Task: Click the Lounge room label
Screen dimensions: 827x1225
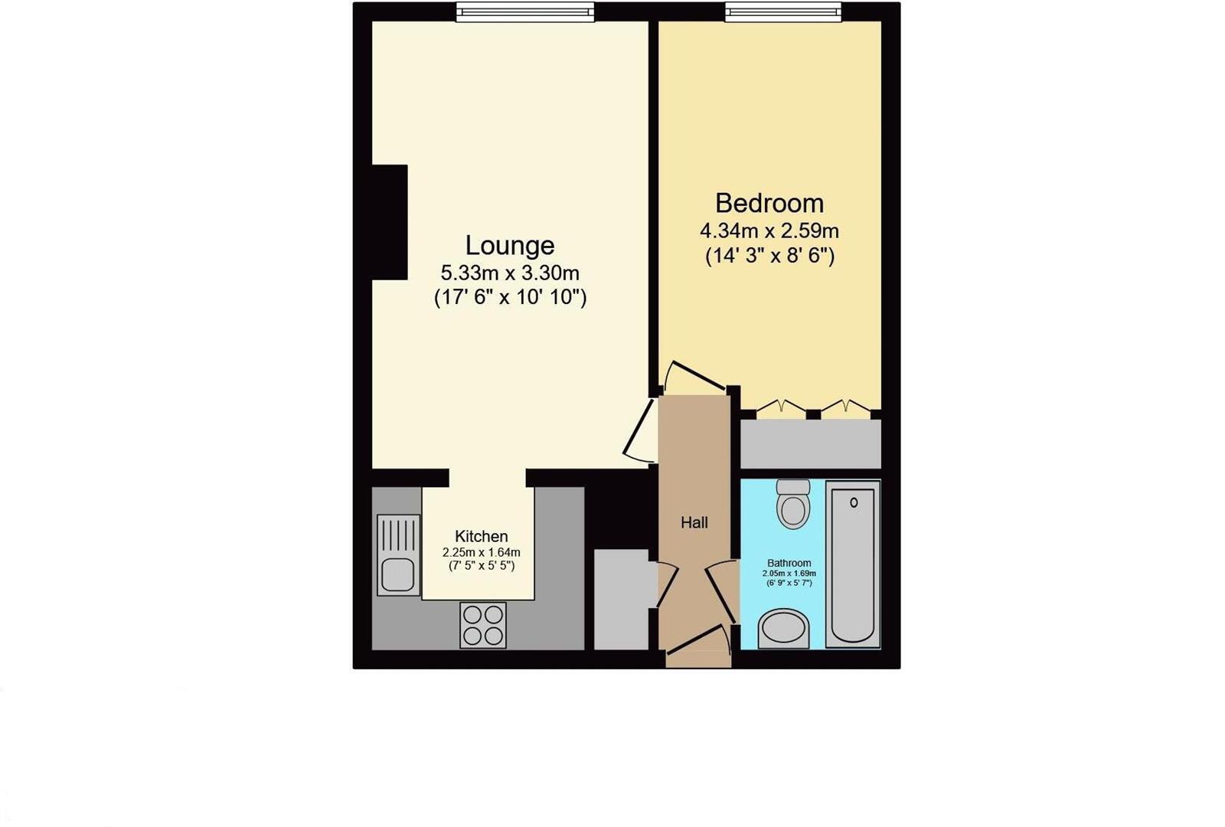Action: (509, 246)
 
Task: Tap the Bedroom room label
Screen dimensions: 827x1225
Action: (769, 204)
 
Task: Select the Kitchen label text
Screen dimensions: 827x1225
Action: (481, 537)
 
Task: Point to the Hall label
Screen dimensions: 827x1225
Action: (694, 523)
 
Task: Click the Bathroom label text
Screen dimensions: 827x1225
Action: (789, 563)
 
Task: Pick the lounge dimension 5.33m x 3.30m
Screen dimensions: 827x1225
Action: (509, 273)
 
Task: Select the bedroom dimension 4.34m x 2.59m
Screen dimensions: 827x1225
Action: (769, 230)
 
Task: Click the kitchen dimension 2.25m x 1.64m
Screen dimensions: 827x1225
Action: (481, 552)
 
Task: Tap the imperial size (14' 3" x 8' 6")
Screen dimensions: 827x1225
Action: (769, 256)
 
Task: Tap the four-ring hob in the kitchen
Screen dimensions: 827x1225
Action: (483, 625)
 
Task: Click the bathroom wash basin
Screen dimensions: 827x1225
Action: (783, 629)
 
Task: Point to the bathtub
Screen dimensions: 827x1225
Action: (852, 564)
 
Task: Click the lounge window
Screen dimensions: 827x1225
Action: (525, 11)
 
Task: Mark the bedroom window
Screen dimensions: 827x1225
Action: (783, 11)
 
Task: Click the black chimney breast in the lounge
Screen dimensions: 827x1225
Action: (389, 222)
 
